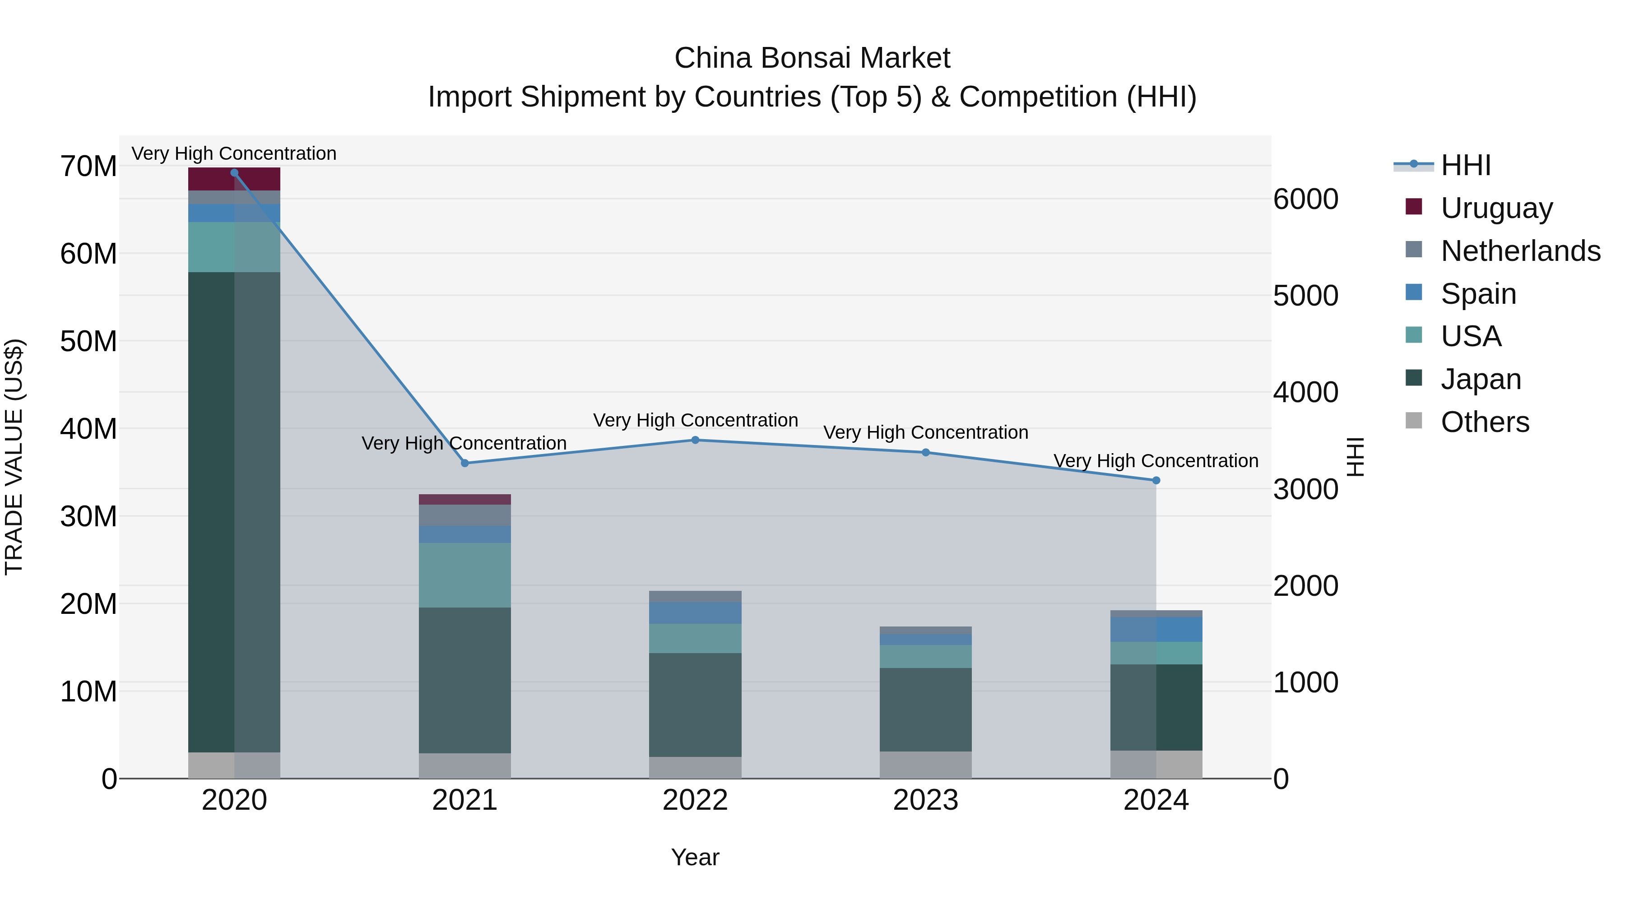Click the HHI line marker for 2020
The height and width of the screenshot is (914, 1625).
click(x=234, y=172)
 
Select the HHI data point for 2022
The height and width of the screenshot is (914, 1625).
click(x=695, y=440)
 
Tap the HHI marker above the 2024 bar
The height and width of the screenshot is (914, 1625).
click(x=1156, y=480)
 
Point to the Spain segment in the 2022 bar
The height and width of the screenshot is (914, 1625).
click(x=695, y=612)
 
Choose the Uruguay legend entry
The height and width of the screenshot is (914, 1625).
click(x=1496, y=208)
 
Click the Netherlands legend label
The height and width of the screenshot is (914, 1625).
click(x=1520, y=251)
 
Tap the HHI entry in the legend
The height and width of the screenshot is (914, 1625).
click(x=1465, y=165)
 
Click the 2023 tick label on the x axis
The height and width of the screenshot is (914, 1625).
click(x=925, y=800)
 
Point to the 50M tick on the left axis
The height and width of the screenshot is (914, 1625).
click(x=88, y=341)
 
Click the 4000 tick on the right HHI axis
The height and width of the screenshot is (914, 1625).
click(x=1305, y=392)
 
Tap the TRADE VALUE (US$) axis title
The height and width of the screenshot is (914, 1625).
click(x=14, y=456)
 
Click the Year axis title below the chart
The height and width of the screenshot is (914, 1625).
click(x=695, y=857)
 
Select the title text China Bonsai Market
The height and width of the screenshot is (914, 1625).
click(x=812, y=58)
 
